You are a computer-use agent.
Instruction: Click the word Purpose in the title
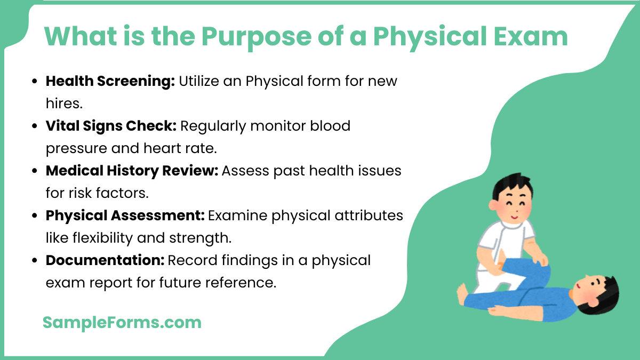[x=246, y=36]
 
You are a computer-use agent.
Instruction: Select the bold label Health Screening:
[x=110, y=81]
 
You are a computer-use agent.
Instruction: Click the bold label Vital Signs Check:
[x=111, y=126]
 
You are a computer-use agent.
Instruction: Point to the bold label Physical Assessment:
[x=125, y=215]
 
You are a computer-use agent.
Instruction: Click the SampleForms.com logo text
[x=122, y=322]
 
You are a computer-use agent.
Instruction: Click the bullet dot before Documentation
[x=35, y=261]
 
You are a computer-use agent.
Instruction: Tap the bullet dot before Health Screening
[x=35, y=82]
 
